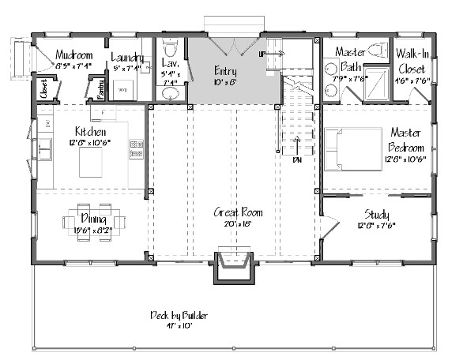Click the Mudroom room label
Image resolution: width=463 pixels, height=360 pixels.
pyautogui.click(x=74, y=56)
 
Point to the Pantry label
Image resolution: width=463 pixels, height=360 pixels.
pyautogui.click(x=101, y=88)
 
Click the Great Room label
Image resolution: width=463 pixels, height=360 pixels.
pyautogui.click(x=238, y=212)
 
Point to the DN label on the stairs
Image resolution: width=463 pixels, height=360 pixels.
pyautogui.click(x=297, y=160)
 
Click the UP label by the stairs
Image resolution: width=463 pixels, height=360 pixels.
pyautogui.click(x=263, y=54)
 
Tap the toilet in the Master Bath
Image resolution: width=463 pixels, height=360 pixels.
pyautogui.click(x=376, y=51)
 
